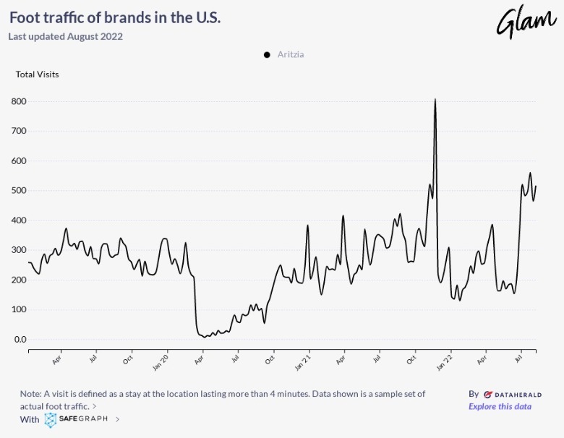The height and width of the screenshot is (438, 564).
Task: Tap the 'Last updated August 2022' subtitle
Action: coord(66,36)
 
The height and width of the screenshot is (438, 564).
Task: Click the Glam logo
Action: coord(526,22)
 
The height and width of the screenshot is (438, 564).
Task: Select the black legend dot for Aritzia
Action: coord(267,55)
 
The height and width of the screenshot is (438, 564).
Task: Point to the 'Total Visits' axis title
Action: coord(38,74)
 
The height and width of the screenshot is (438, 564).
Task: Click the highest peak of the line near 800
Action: coord(435,100)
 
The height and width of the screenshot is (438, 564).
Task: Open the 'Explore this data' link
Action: coord(500,406)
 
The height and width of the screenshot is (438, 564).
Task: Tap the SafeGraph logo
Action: coord(77,418)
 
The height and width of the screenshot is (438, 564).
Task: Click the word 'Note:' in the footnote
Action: coord(32,394)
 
